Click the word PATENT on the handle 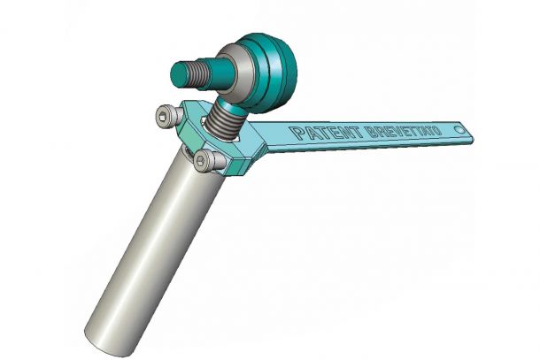(x=326, y=133)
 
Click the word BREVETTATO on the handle (x=403, y=131)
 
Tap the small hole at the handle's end (x=459, y=129)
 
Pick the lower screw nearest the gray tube (x=207, y=160)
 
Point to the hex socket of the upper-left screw (x=162, y=118)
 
